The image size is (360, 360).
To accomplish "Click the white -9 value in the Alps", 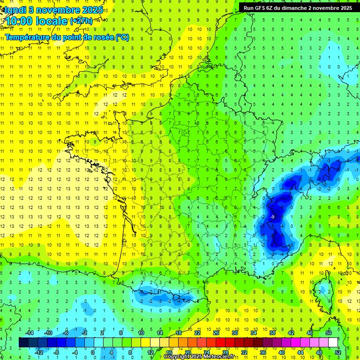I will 272,217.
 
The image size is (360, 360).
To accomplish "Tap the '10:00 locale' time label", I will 37,21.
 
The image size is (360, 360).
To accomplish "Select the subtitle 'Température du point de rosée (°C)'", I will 67,37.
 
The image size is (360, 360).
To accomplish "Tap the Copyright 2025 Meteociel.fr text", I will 206,357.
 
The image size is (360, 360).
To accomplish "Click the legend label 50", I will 329,332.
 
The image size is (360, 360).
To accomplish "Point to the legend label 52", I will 338,352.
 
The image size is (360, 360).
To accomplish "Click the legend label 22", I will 197,332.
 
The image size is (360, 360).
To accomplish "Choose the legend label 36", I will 263,352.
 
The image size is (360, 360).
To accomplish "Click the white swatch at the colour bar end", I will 333,342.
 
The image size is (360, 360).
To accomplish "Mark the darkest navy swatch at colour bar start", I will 23,342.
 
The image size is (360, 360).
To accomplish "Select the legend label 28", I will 225,352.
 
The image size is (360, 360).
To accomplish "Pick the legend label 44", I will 300,352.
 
